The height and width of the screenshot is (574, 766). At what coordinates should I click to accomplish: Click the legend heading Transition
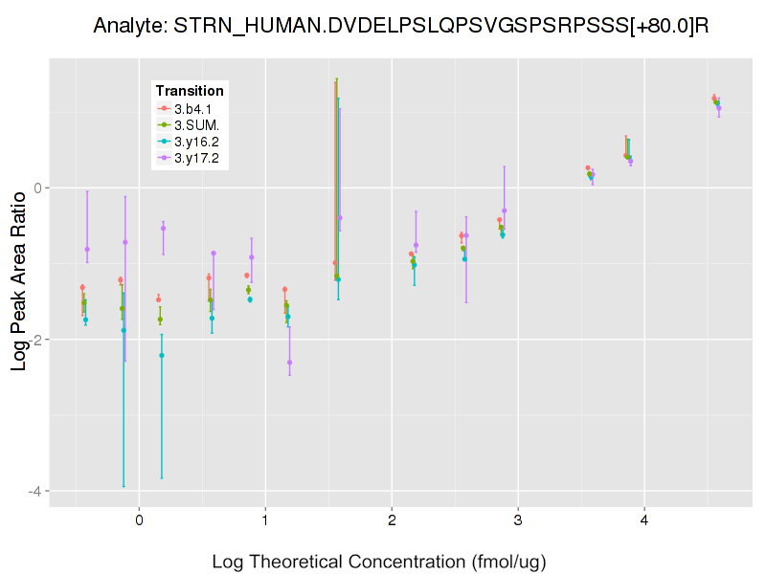190,91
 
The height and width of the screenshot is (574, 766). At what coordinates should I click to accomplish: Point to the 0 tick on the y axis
37,188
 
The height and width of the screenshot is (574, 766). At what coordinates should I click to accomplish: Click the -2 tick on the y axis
34,340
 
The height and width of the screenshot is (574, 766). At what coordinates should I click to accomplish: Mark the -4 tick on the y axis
34,492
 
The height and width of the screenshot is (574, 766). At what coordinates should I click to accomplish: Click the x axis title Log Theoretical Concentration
379,561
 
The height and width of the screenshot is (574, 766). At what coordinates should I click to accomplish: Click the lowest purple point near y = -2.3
290,363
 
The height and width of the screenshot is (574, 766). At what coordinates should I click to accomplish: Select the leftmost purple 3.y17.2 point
87,250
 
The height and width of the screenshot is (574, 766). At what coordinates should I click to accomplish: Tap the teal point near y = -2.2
162,356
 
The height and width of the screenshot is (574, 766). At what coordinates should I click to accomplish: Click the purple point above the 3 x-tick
505,210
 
